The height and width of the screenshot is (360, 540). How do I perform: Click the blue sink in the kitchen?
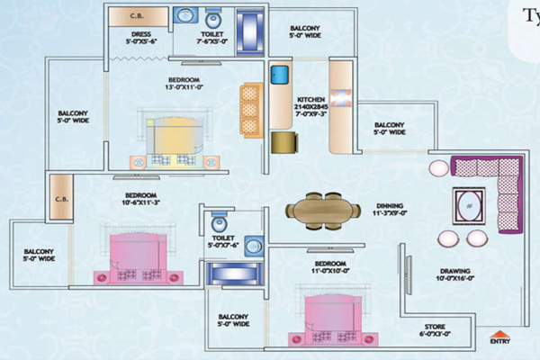(x=279, y=73)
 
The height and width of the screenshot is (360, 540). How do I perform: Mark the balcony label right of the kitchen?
(x=390, y=129)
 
